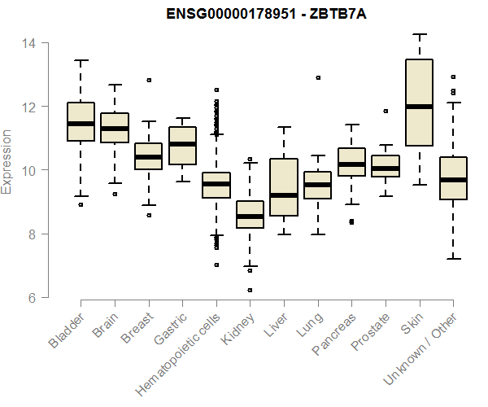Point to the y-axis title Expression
click(x=7, y=161)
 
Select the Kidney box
click(x=250, y=214)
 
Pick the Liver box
click(x=283, y=187)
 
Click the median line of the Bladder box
click(x=80, y=124)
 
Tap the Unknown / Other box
click(x=453, y=178)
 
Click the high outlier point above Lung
click(x=317, y=78)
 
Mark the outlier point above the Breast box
click(x=148, y=81)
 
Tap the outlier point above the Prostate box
click(x=385, y=111)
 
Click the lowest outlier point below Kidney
click(x=250, y=290)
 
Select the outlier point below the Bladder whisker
click(x=80, y=205)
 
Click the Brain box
click(x=114, y=128)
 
